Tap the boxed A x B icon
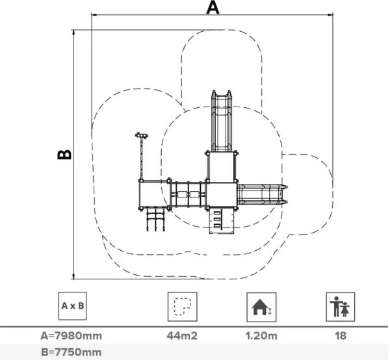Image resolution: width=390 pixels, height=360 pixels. (73, 306)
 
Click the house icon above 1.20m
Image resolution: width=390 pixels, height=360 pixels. (261, 306)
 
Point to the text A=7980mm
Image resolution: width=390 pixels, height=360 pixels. (71, 336)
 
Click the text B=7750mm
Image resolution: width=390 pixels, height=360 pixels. (71, 352)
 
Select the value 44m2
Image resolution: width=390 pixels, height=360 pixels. (182, 336)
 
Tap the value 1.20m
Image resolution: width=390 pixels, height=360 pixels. (261, 336)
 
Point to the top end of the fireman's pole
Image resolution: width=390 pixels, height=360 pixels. (142, 135)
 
